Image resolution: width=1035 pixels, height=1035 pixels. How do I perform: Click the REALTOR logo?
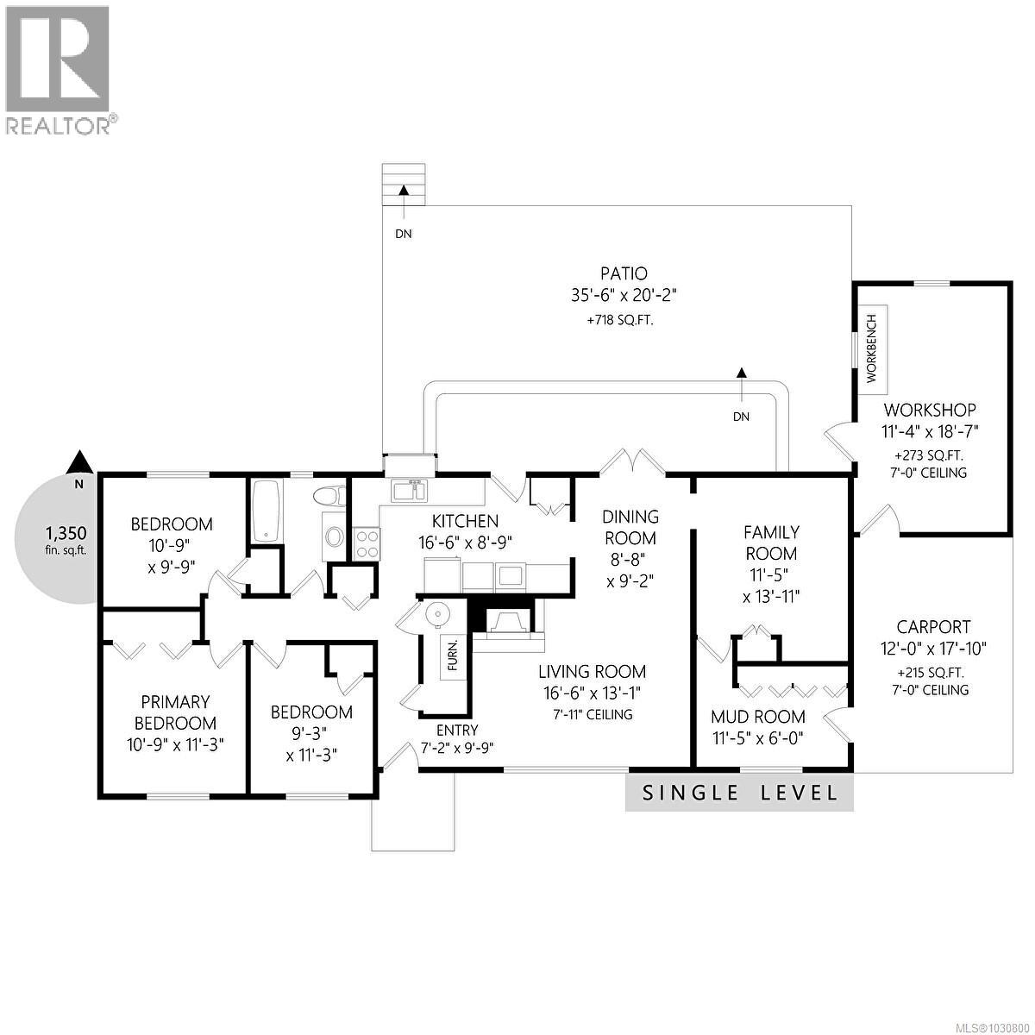pyautogui.click(x=58, y=69)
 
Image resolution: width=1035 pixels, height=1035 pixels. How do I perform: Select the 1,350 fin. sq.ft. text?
pyautogui.click(x=66, y=540)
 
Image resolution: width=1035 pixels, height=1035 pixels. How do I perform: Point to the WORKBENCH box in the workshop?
pyautogui.click(x=871, y=348)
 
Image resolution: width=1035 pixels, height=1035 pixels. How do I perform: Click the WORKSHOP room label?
pyautogui.click(x=930, y=410)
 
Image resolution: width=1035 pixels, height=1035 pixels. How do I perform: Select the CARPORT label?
pyautogui.click(x=932, y=627)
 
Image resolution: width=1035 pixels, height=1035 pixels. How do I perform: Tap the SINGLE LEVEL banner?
pyautogui.click(x=739, y=793)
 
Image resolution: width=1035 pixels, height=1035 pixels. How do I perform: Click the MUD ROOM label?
pyautogui.click(x=757, y=716)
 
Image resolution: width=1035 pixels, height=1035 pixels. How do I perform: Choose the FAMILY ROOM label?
pyautogui.click(x=772, y=543)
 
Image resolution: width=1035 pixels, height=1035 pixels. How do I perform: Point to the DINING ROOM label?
pyautogui.click(x=630, y=527)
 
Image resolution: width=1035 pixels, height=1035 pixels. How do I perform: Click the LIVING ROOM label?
pyautogui.click(x=592, y=671)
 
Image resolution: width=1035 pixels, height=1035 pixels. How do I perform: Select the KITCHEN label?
pyautogui.click(x=465, y=521)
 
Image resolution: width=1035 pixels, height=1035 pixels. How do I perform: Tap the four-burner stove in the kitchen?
pyautogui.click(x=366, y=543)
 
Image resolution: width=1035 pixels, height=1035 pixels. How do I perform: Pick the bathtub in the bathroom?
pyautogui.click(x=265, y=511)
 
